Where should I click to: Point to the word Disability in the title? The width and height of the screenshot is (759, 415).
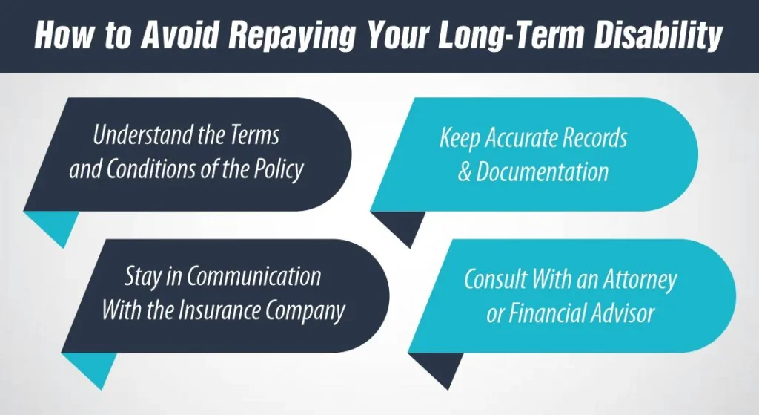658,36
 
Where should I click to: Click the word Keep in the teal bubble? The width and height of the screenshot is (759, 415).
460,138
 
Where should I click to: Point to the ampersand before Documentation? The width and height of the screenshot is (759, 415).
465,172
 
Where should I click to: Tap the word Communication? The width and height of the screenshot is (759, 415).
254,276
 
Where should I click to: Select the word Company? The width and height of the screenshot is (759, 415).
305,312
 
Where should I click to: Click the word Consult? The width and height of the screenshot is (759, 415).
495,278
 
